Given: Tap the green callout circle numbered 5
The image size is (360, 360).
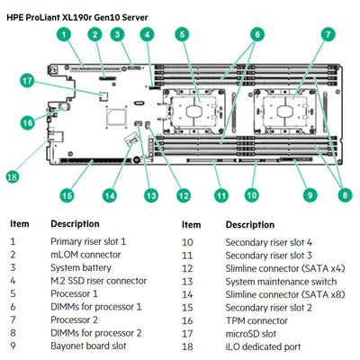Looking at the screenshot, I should [x=182, y=35].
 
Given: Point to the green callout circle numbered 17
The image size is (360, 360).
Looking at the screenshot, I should [x=28, y=81].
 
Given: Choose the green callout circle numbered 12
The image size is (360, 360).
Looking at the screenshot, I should [x=184, y=193].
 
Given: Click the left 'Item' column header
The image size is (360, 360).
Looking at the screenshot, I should [x=20, y=224].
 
